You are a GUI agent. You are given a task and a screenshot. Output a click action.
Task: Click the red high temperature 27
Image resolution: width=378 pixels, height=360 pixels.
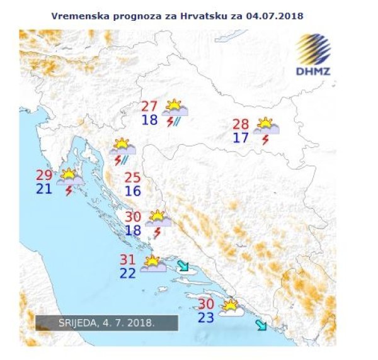pos(149,106)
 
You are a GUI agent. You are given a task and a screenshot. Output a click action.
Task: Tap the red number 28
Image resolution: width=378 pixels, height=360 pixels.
pos(241,124)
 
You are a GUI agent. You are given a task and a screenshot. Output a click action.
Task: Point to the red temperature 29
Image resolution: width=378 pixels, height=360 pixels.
pos(44,176)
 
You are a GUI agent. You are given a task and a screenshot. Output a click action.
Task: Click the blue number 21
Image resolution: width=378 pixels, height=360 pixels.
pos(44,188)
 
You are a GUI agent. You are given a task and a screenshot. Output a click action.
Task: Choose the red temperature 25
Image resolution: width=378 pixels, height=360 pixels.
pos(132,177)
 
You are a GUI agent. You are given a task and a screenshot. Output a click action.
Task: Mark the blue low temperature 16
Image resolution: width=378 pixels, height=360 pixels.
pos(132,191)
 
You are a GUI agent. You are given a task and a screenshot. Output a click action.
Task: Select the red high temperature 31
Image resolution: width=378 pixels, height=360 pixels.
pos(129,259)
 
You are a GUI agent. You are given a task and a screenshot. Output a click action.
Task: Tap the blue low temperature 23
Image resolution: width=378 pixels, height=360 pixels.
pos(206,318)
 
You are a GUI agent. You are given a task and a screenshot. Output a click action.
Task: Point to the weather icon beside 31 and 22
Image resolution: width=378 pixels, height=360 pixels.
pos(153,264)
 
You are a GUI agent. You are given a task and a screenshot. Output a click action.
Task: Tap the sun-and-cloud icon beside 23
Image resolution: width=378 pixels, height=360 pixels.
pos(231,309)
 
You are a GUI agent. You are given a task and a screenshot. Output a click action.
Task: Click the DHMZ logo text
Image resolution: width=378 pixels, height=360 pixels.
pos(313,71)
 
